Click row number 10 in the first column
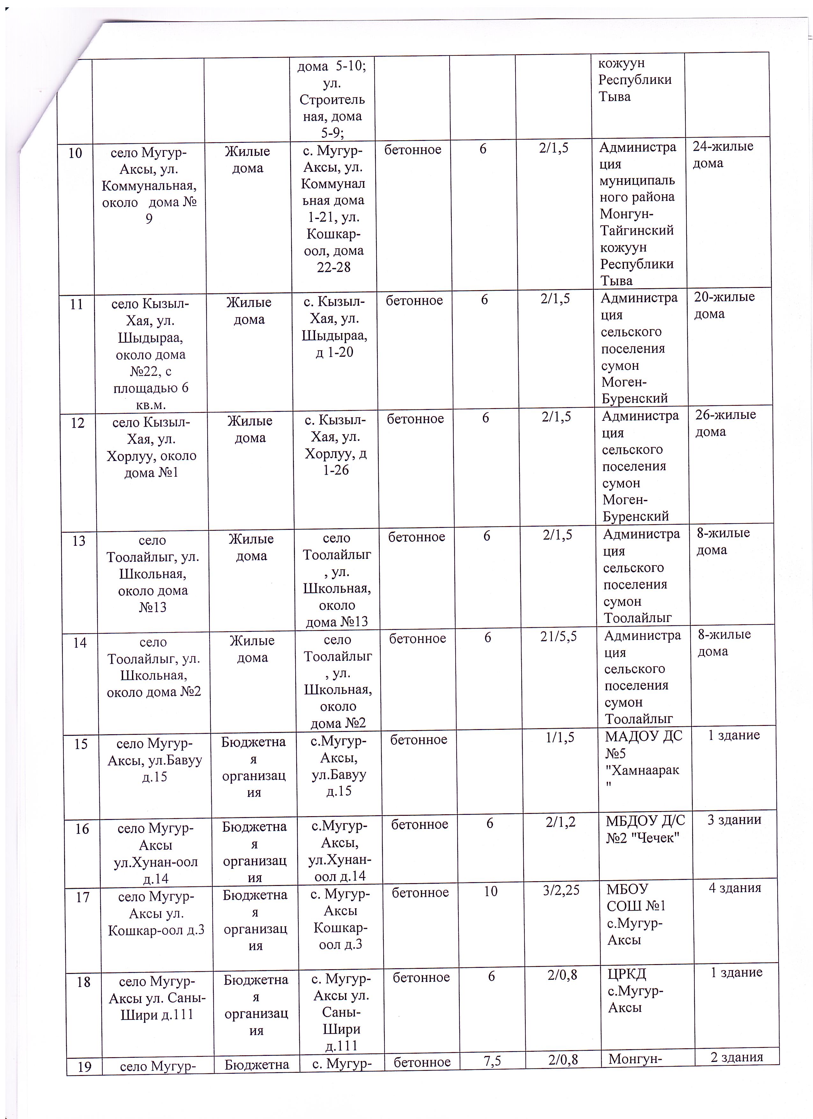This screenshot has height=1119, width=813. (75, 153)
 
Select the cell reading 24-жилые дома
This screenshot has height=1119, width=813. (723, 154)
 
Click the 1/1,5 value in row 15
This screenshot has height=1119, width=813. (560, 737)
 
